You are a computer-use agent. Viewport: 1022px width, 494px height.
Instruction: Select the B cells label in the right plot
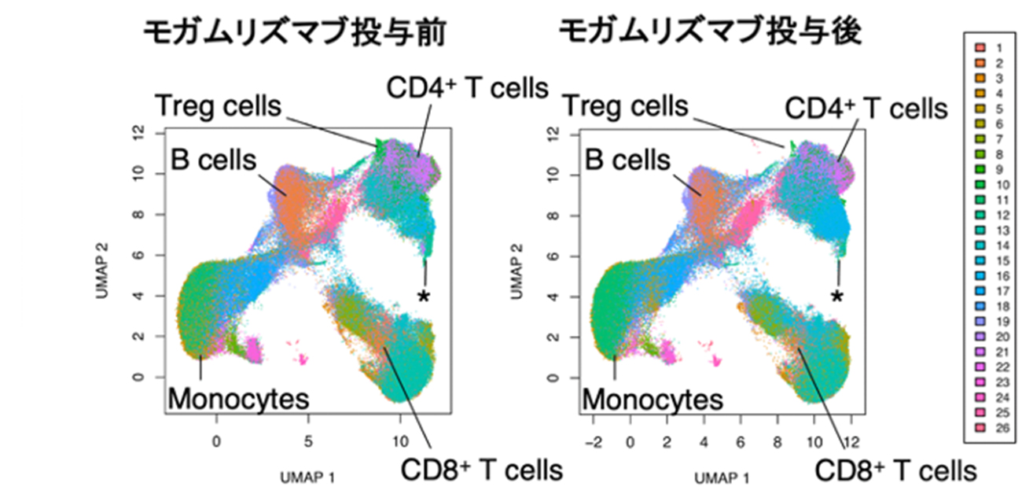[x=627, y=160]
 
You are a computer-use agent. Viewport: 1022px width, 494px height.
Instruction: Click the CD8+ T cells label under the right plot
[x=895, y=471]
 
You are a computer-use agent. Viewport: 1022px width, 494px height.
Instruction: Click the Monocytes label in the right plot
[x=653, y=399]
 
